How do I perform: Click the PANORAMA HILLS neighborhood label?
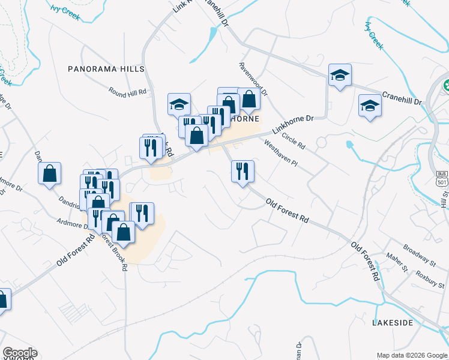(x=106, y=69)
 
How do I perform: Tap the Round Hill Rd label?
(x=128, y=93)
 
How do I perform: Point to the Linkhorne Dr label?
(x=294, y=124)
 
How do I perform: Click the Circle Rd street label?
(x=294, y=142)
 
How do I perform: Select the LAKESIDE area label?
(x=393, y=323)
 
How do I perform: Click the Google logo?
(x=20, y=353)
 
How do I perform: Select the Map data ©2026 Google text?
(x=411, y=355)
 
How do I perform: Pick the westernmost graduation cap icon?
(x=179, y=104)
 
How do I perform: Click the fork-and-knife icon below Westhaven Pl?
(x=243, y=171)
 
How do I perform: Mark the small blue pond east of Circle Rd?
(x=350, y=144)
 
